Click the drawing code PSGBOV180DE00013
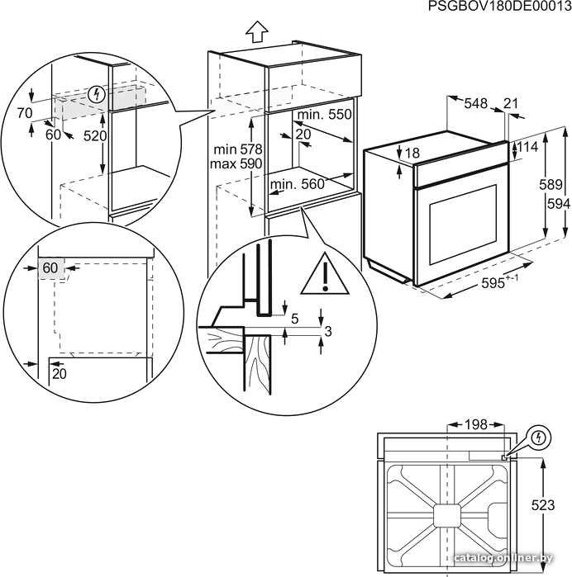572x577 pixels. (x=499, y=7)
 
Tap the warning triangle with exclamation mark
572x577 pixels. (x=325, y=274)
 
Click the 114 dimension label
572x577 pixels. (x=527, y=147)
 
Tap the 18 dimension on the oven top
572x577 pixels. (x=413, y=153)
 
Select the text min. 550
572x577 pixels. (x=325, y=114)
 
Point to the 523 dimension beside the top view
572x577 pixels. (x=544, y=505)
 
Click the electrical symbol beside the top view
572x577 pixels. (x=537, y=435)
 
